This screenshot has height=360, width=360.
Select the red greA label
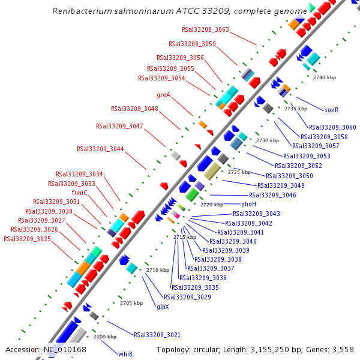163,95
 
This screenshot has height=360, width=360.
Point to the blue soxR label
332,110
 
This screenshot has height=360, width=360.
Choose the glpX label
163,307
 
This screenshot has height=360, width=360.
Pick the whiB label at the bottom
125,354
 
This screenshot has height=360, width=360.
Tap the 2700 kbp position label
104,337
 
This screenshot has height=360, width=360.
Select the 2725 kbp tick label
239,172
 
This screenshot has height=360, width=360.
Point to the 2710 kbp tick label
158,271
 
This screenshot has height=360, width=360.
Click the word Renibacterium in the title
80,11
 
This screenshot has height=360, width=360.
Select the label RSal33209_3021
157,335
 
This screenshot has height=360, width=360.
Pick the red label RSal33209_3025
27,239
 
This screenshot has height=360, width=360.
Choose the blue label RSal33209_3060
332,127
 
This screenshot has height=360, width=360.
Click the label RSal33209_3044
100,149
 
